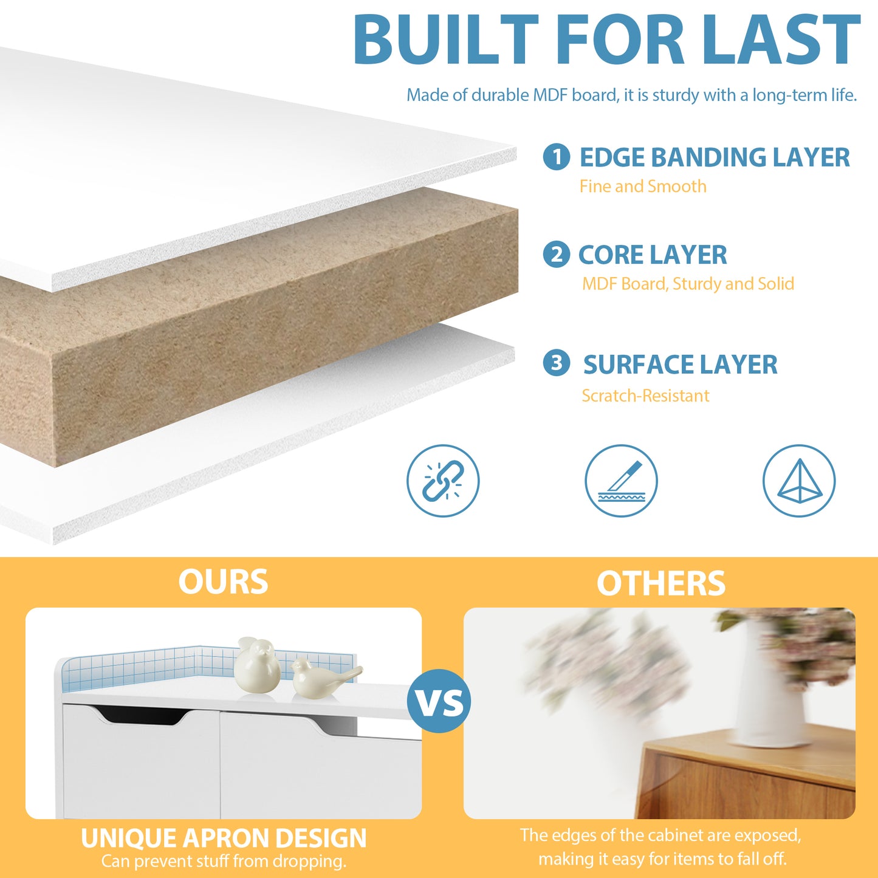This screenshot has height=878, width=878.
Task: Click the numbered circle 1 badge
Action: click(x=556, y=157)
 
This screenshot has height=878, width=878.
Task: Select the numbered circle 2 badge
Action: click(x=556, y=254)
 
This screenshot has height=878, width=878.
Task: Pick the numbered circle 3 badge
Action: click(x=556, y=363)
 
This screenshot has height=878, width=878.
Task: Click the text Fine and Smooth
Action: click(x=642, y=187)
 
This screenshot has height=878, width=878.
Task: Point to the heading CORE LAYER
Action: click(x=653, y=255)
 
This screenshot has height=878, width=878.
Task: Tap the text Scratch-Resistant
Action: click(x=645, y=396)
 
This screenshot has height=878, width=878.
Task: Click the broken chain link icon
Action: click(x=443, y=481)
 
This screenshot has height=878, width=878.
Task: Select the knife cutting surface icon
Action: click(x=621, y=481)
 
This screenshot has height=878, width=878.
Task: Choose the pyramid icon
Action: click(x=799, y=481)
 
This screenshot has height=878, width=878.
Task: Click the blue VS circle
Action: click(x=439, y=701)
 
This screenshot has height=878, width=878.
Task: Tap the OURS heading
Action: click(x=223, y=582)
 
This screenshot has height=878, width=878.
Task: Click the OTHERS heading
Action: click(x=660, y=584)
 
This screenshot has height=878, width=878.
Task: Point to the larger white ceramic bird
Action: click(x=257, y=665)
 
